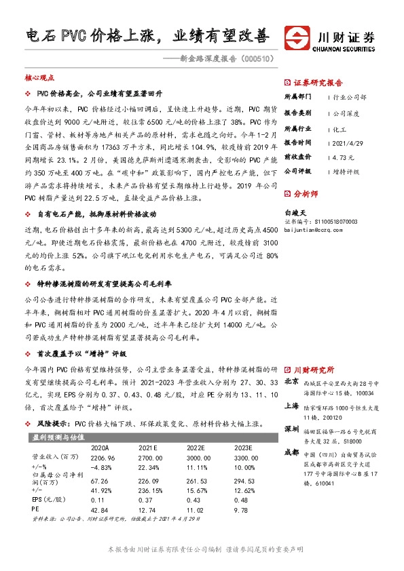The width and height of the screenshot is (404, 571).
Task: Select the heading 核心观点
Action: point(39,78)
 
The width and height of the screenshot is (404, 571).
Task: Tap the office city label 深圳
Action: point(292,429)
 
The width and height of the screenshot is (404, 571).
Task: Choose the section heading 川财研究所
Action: point(314,370)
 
